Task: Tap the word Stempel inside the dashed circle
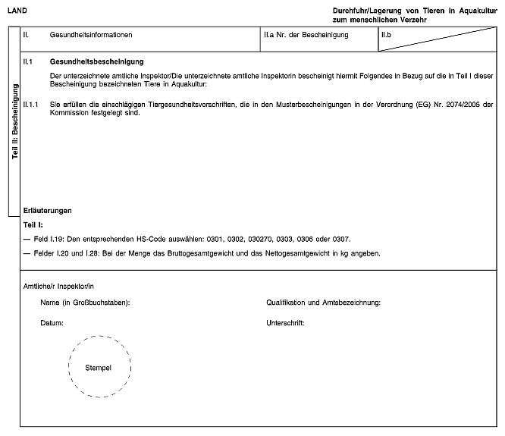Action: pos(99,367)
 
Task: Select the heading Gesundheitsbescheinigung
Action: pos(96,61)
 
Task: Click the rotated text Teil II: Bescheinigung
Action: pos(14,121)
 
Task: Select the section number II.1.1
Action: pos(32,104)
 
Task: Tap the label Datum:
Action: pos(52,323)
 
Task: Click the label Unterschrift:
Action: pos(285,323)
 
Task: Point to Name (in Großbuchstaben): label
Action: pos(85,303)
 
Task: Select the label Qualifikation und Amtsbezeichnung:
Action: pos(324,303)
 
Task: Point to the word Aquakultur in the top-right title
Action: pos(475,9)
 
